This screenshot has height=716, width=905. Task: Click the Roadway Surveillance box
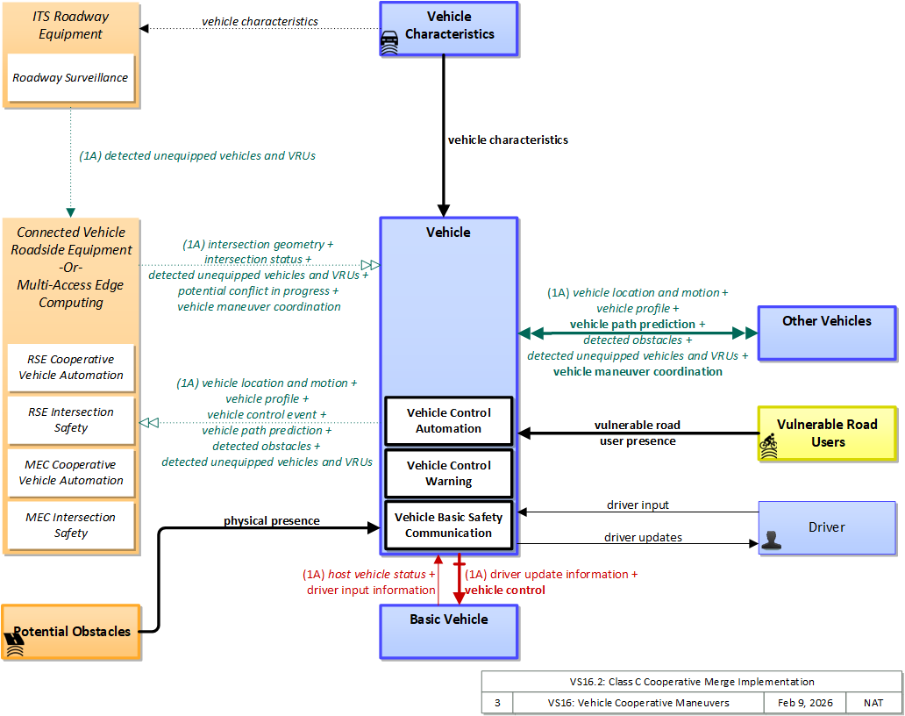[x=70, y=78]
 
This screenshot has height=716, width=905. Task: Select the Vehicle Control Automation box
[x=448, y=421]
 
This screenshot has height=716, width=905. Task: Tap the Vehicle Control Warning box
[x=448, y=474]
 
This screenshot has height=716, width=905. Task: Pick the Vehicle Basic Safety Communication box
[x=448, y=525]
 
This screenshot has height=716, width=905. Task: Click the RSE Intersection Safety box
[x=71, y=420]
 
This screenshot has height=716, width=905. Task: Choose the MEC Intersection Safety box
[x=71, y=526]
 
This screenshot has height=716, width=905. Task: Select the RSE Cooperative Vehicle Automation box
[x=71, y=368]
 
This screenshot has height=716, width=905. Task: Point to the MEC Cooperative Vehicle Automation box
[x=71, y=473]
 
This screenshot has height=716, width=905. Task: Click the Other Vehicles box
[x=826, y=333]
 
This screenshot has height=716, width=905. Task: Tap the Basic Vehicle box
[x=448, y=632]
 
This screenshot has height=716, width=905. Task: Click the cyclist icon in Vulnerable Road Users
[x=768, y=447]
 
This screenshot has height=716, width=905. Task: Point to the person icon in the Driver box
[x=771, y=540]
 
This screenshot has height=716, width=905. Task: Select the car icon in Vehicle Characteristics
[x=389, y=42]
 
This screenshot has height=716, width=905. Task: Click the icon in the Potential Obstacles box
[x=14, y=645]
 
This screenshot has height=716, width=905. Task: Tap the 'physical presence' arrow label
[x=272, y=521]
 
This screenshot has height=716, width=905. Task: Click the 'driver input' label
[x=638, y=505]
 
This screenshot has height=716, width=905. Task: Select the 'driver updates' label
[x=643, y=538]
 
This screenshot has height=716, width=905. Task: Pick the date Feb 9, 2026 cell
[x=804, y=703]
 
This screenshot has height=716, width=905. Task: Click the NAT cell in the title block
[x=873, y=703]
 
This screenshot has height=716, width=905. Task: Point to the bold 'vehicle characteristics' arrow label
[x=508, y=140]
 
